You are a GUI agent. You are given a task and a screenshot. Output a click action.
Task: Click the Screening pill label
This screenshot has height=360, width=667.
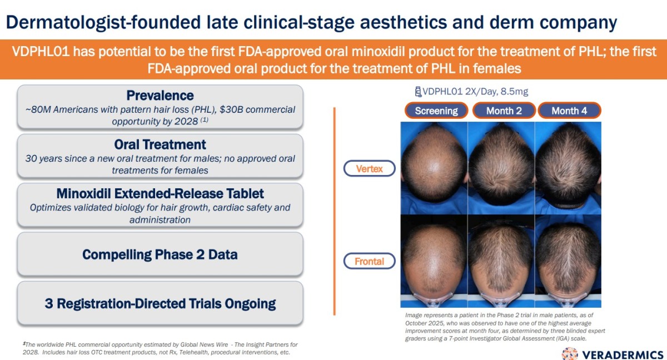click(436, 111)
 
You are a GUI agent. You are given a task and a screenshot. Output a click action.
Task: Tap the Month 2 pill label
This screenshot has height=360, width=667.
click(504, 111)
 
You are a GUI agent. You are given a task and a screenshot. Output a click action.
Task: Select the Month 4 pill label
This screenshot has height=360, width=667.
click(569, 111)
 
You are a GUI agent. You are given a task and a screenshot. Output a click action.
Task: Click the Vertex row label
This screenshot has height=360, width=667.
click(370, 169)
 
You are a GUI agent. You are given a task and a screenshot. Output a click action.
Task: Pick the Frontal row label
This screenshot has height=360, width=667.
click(370, 261)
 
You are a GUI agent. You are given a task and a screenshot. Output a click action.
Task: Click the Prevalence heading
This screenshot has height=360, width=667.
click(160, 96)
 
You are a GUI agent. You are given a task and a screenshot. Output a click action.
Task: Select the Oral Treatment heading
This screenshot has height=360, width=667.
click(160, 144)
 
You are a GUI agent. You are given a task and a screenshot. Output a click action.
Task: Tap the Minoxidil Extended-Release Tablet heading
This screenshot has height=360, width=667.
click(160, 194)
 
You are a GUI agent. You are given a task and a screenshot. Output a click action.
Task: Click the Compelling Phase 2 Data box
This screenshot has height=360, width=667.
click(160, 254)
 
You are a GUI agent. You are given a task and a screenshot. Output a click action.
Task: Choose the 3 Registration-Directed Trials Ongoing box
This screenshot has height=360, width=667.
click(160, 303)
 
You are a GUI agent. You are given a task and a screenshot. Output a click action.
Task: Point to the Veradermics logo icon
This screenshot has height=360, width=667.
click(570, 354)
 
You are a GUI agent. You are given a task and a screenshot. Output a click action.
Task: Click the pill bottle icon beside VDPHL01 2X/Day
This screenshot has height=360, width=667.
click(418, 92)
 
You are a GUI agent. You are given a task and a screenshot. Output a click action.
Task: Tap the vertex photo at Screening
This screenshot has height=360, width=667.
click(434, 168)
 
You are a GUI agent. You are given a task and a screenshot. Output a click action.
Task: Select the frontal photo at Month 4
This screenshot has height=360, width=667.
click(568, 261)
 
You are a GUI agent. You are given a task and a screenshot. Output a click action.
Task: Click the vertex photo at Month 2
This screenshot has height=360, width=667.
click(501, 168)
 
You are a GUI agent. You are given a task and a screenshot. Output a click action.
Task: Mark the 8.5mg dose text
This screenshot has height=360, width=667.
click(514, 91)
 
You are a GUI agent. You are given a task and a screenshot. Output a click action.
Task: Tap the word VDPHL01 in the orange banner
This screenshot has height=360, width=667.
click(41, 52)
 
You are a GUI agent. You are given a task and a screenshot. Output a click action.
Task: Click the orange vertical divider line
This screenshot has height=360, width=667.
click(335, 211)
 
